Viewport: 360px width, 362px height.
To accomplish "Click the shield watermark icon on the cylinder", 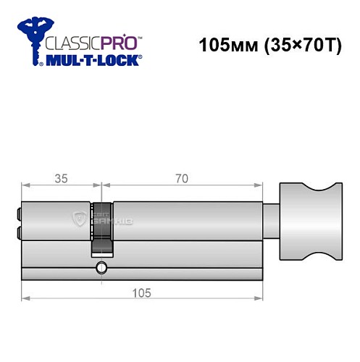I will pos(78,218).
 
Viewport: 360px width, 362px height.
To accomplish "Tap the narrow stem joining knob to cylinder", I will pos(269,221).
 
